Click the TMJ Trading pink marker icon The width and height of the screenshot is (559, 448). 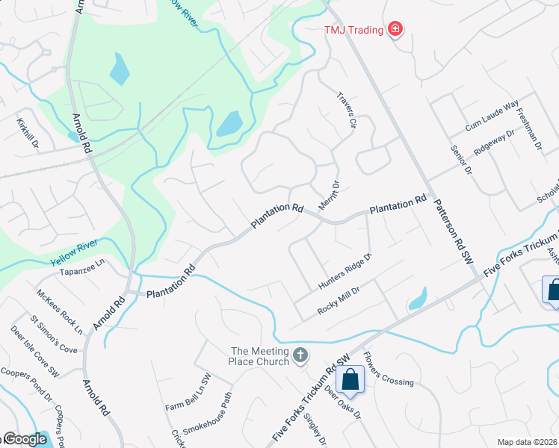pyautogui.click(x=395, y=30)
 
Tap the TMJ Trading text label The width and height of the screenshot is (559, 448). pyautogui.click(x=353, y=31)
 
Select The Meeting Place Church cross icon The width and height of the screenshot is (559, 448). pyautogui.click(x=300, y=355)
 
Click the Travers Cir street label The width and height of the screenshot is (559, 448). pyautogui.click(x=345, y=111)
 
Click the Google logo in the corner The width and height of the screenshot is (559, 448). pyautogui.click(x=24, y=440)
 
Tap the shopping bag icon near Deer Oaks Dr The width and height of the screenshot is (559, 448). pyautogui.click(x=350, y=380)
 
